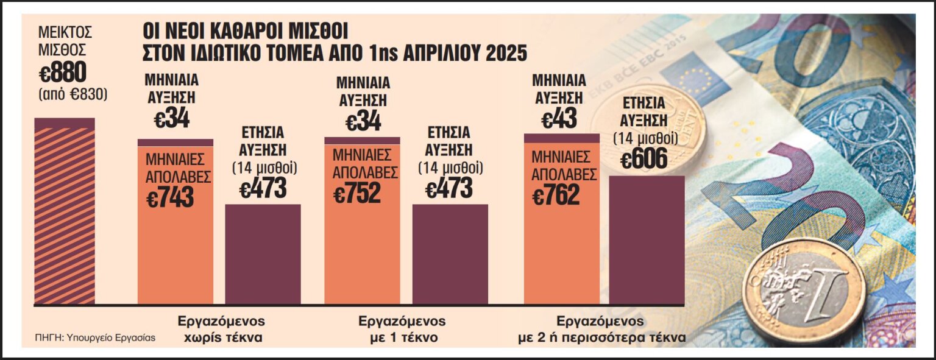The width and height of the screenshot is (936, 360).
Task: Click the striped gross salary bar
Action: tap(65, 213)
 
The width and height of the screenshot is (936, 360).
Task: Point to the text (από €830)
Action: tap(73, 95)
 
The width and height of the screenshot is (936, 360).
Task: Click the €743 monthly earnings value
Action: tap(170, 197)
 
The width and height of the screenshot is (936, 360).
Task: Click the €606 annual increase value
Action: tap(645, 160)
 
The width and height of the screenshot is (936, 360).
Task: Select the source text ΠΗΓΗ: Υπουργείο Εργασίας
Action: tap(94, 337)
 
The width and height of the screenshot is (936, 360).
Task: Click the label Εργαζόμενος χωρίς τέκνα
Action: tap(221, 329)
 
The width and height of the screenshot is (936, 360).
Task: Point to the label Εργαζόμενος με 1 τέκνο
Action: tap(402, 329)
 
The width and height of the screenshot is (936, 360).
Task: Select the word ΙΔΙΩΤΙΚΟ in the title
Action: tap(240, 53)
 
